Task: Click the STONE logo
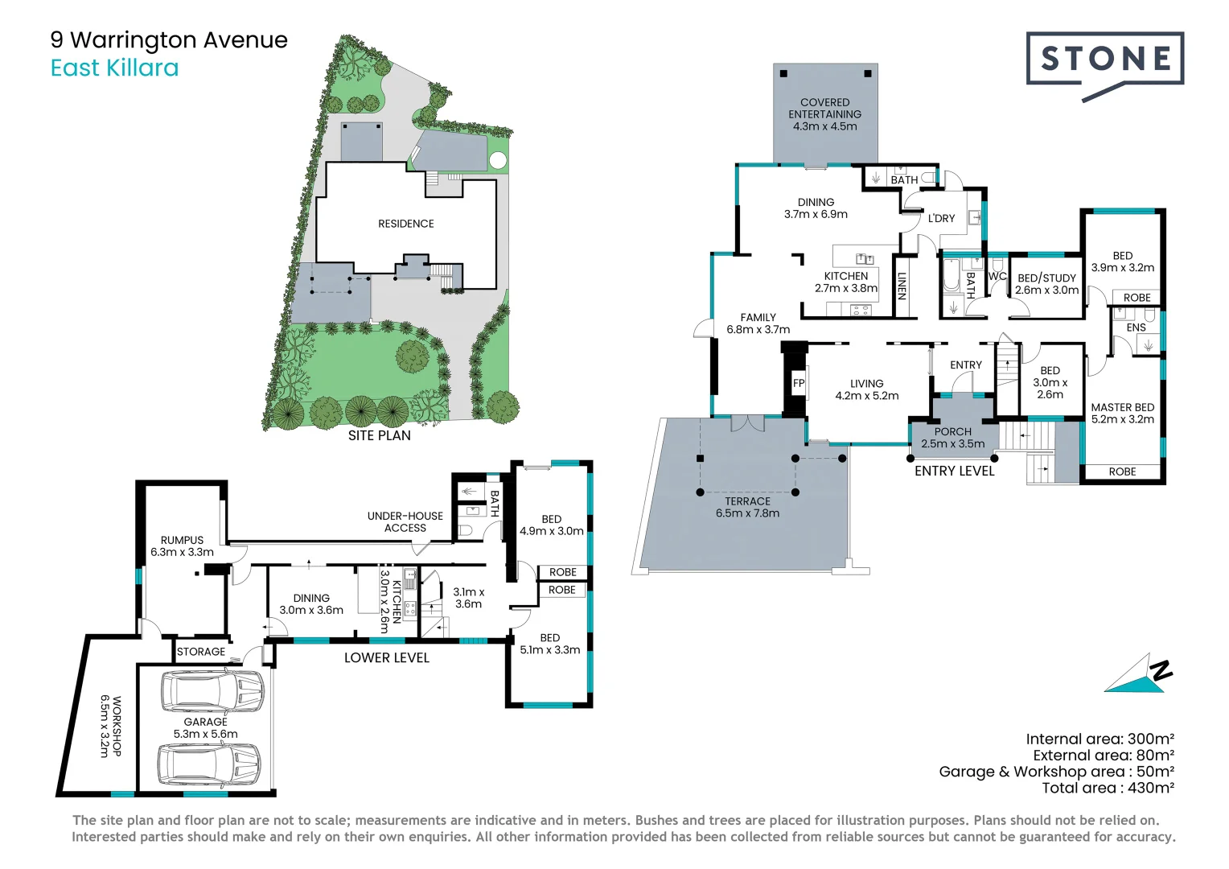coord(1105,65)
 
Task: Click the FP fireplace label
coord(799,383)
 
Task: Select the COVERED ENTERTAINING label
coord(824,108)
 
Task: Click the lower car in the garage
coord(209,764)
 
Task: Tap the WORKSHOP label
coord(117,726)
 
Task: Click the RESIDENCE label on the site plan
coord(406,224)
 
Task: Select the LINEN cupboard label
coord(902,286)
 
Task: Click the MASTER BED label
coord(1123,407)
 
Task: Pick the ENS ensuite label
coord(1137,327)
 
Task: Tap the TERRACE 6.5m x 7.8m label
coord(747,507)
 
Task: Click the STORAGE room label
coord(201,652)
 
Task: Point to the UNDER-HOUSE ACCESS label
coord(405,522)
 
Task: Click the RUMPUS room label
coord(182,540)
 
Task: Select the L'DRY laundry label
coord(942,219)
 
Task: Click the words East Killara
coord(115,68)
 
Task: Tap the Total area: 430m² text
coord(1108,788)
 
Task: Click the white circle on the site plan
coord(498,160)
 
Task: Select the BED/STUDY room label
coord(1047,278)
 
